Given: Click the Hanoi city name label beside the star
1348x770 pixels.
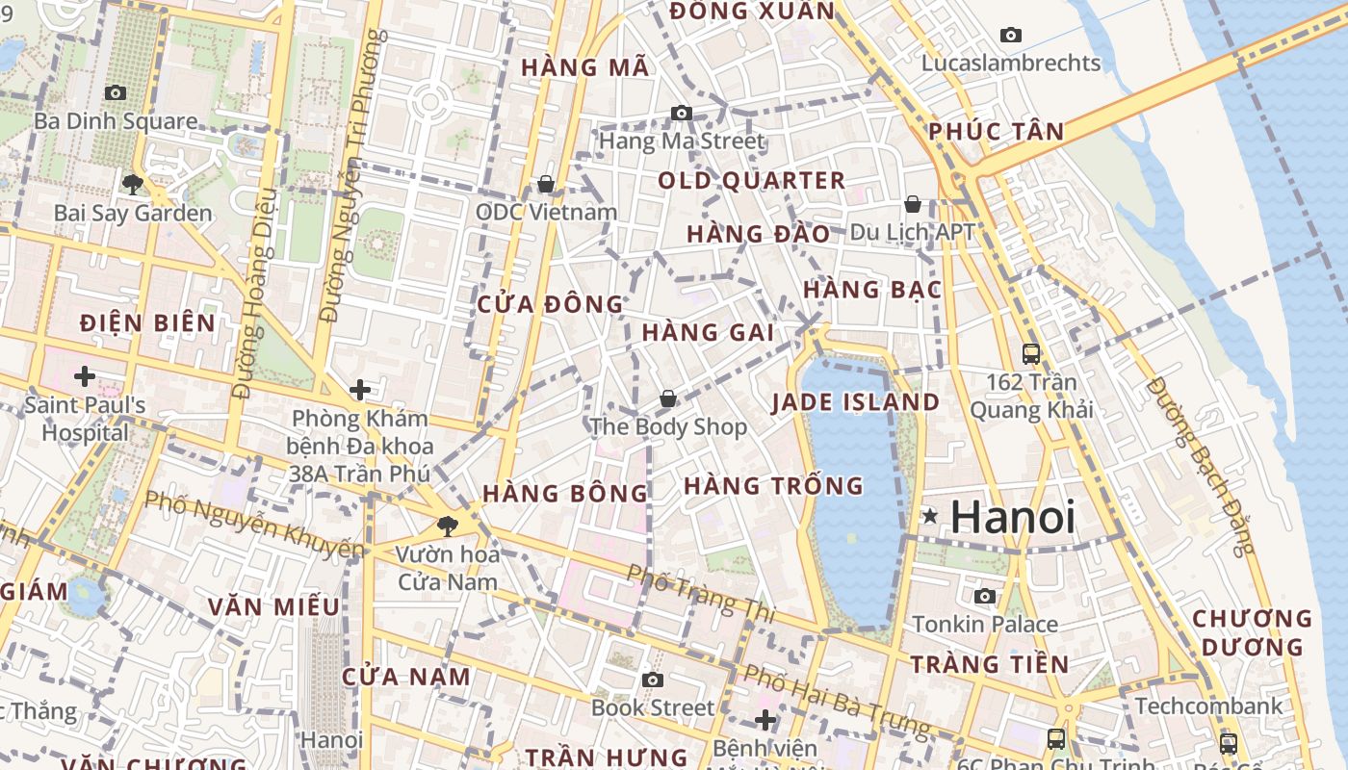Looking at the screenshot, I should click(1012, 517).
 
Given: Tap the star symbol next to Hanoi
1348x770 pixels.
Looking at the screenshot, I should click(929, 516).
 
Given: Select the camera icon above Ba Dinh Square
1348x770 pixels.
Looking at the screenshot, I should click(116, 92).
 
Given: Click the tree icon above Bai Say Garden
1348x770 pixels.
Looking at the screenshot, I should click(132, 184).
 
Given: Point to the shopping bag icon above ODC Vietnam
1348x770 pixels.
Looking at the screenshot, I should click(546, 183).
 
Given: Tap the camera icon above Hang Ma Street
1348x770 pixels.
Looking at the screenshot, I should click(682, 113).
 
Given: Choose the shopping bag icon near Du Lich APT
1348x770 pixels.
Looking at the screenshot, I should click(912, 204).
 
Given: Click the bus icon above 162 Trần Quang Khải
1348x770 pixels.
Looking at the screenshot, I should click(1031, 353).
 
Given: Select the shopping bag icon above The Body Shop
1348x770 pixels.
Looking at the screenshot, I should click(668, 398).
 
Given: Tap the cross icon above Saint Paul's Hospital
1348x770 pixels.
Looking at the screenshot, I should click(85, 375).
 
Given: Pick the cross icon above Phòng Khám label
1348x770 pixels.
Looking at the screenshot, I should click(360, 390).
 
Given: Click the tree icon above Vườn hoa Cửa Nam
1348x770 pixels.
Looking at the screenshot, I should click(447, 526).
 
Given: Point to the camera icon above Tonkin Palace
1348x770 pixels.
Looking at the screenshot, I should click(984, 596).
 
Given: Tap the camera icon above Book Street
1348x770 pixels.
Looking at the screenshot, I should click(653, 680).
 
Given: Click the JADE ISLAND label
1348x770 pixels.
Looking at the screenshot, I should click(855, 402).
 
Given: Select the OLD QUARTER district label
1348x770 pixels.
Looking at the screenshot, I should click(751, 181).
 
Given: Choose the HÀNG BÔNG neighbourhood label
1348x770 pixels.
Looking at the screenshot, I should click(565, 494).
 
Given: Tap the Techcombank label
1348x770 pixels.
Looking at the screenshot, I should click(1208, 706).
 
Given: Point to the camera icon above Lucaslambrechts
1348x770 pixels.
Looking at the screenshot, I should click(1011, 35).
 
